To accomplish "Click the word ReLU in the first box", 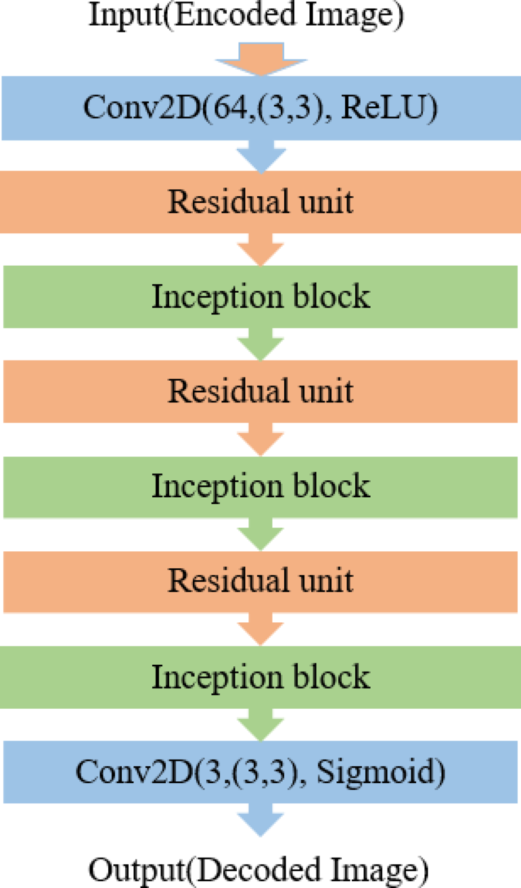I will tap(394, 108).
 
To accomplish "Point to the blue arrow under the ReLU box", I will tap(261, 156).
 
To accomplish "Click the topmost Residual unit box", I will tap(260, 202).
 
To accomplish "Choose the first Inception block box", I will tap(260, 296).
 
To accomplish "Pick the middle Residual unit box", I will tap(260, 391).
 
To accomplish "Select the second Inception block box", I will tap(260, 486).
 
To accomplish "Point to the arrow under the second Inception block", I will tap(261, 534).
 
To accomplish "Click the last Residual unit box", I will tap(260, 580).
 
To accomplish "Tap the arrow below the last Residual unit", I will tap(261, 628).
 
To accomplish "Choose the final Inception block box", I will tap(260, 676).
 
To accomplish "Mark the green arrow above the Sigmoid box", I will tap(261, 723).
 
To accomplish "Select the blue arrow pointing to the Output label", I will tap(261, 820).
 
